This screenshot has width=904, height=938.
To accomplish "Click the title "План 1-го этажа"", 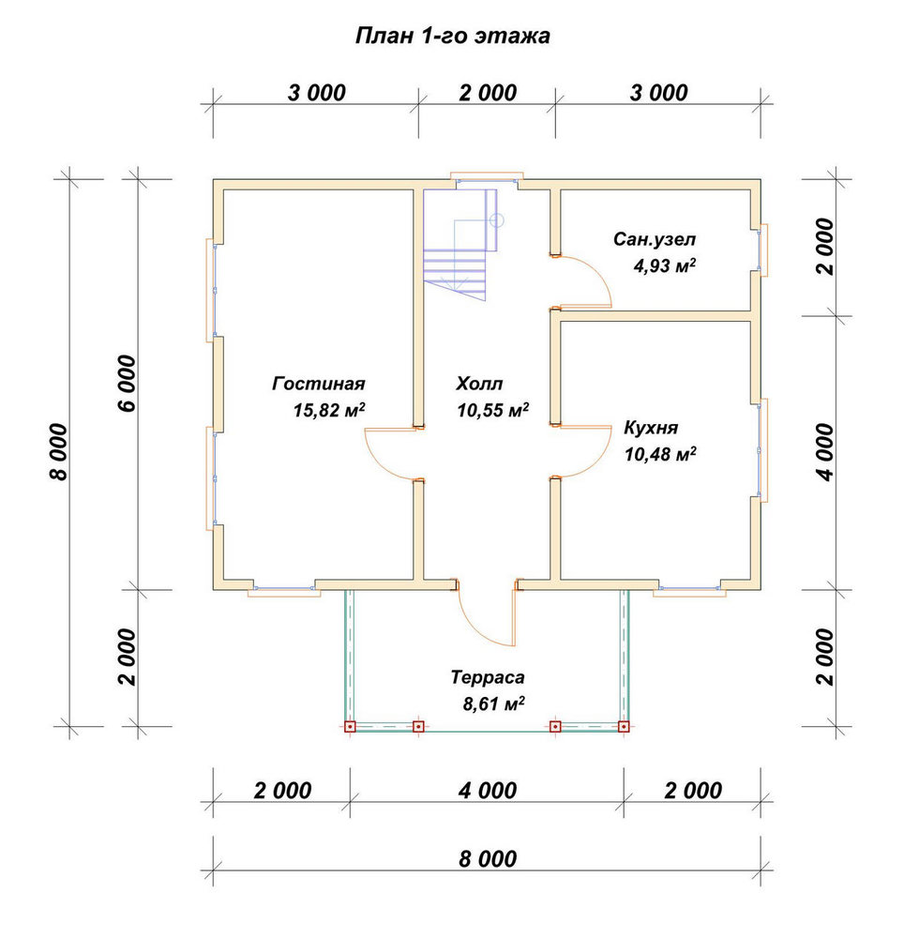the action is pyautogui.click(x=452, y=36).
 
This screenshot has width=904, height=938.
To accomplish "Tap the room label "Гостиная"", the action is pyautogui.click(x=318, y=383).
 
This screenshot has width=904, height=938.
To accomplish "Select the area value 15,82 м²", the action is pyautogui.click(x=329, y=410).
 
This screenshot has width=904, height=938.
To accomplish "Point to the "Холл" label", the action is pyautogui.click(x=479, y=383).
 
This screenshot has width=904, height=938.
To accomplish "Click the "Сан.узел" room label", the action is pyautogui.click(x=654, y=240).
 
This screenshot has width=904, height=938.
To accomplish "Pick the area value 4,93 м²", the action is pyautogui.click(x=664, y=265).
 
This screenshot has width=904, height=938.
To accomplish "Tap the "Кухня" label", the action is pyautogui.click(x=651, y=428).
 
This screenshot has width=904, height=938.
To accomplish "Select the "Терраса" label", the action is pyautogui.click(x=488, y=677).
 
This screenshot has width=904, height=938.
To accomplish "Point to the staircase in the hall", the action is pyautogui.click(x=460, y=240).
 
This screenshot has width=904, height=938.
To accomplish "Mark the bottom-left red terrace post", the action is pyautogui.click(x=351, y=727).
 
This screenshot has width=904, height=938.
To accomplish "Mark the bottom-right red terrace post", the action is pyautogui.click(x=624, y=727).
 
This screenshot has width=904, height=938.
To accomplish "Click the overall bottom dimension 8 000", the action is pyautogui.click(x=488, y=859).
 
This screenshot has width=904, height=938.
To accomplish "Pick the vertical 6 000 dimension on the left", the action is pyautogui.click(x=128, y=384).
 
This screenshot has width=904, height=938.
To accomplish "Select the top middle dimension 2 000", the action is pyautogui.click(x=488, y=93).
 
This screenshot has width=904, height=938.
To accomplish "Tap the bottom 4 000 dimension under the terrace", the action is pyautogui.click(x=488, y=791).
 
